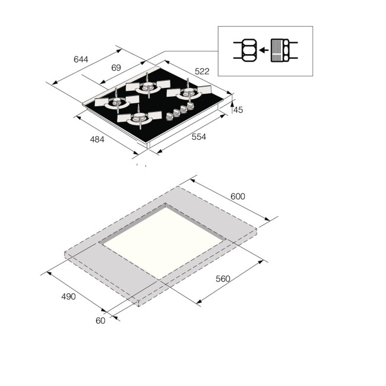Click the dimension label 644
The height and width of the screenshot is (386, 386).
click(81, 59)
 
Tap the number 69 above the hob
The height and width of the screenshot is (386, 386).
click(116, 67)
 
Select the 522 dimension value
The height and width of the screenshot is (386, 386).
click(203, 71)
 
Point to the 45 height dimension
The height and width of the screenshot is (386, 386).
click(238, 110)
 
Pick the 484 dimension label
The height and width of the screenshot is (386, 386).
click(97, 140)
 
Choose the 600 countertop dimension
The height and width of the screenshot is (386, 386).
click(237, 196)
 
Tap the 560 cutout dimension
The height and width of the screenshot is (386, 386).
click(223, 279)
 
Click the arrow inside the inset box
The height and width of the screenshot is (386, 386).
click(262, 50)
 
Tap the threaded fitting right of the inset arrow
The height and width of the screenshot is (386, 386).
click(280, 50)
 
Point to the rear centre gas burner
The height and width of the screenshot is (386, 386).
click(145, 87)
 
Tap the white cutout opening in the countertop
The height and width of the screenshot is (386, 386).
click(163, 239)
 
